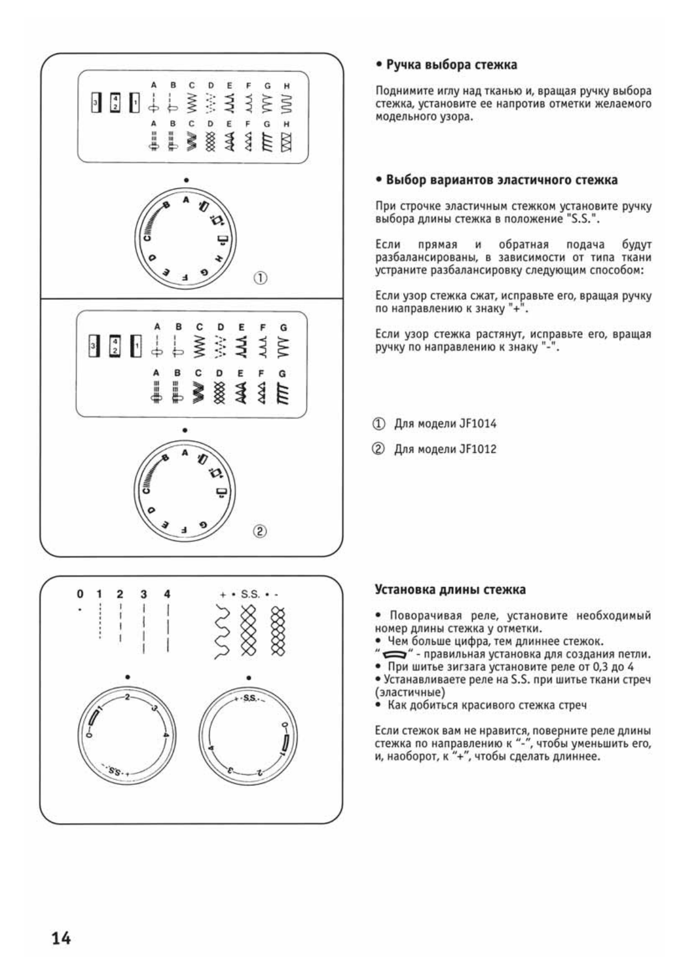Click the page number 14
click(61, 938)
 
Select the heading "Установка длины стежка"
click(450, 589)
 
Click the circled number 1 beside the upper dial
click(260, 278)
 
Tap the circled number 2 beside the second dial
click(260, 530)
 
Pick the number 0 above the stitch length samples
click(80, 594)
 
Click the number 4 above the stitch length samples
click(167, 594)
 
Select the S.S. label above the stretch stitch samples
click(250, 595)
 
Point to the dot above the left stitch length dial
click(127, 677)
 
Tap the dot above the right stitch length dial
click(249, 677)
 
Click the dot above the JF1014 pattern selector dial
click(186, 180)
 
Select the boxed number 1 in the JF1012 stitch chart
click(135, 346)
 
